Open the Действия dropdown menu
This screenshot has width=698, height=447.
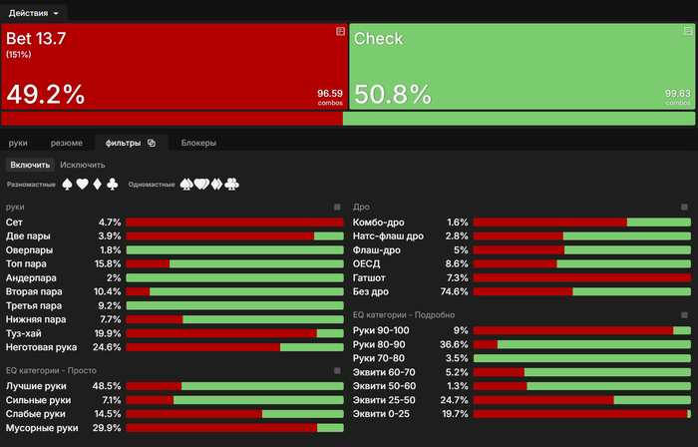(x=34, y=13)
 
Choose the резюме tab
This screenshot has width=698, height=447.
(x=67, y=143)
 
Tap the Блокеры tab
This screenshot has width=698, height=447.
(x=198, y=143)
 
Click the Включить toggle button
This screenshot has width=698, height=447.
(x=30, y=164)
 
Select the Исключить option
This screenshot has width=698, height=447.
(x=82, y=164)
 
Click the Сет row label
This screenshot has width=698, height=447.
(x=14, y=222)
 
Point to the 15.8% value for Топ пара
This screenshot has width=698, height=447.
(x=108, y=263)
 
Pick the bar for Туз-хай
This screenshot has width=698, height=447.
(x=233, y=333)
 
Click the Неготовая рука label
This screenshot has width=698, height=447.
(x=41, y=347)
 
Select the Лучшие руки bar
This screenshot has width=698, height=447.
(x=233, y=385)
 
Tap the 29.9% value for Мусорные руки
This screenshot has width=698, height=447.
(x=107, y=427)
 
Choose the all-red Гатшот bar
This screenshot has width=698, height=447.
(x=581, y=277)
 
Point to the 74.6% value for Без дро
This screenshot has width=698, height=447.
(x=454, y=291)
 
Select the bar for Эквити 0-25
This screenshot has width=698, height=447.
(x=581, y=413)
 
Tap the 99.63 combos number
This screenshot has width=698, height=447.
(x=678, y=93)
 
